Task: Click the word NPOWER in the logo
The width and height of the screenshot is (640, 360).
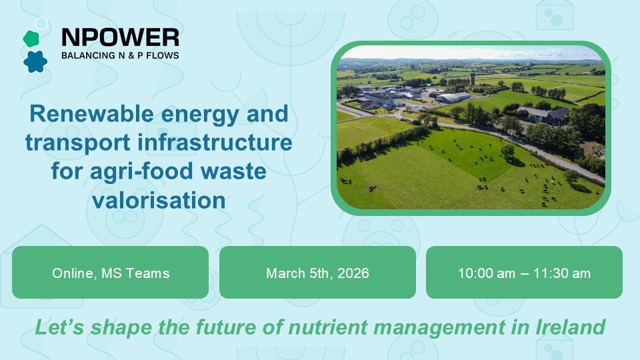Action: coord(120,37)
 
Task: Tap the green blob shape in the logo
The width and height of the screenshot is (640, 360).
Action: coord(31,39)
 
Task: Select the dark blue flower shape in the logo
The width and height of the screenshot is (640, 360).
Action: coord(35,61)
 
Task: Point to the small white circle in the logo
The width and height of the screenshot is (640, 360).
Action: coord(42,24)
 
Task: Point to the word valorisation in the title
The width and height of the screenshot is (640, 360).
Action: coord(159,200)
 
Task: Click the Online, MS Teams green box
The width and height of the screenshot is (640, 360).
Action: coord(110,273)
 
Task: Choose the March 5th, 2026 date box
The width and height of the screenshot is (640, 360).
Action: coord(317,273)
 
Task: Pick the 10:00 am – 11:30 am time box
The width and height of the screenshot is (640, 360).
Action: coord(524,273)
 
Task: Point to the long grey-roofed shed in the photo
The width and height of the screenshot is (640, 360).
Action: coord(453,97)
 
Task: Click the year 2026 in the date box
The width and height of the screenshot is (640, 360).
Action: coord(355,273)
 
